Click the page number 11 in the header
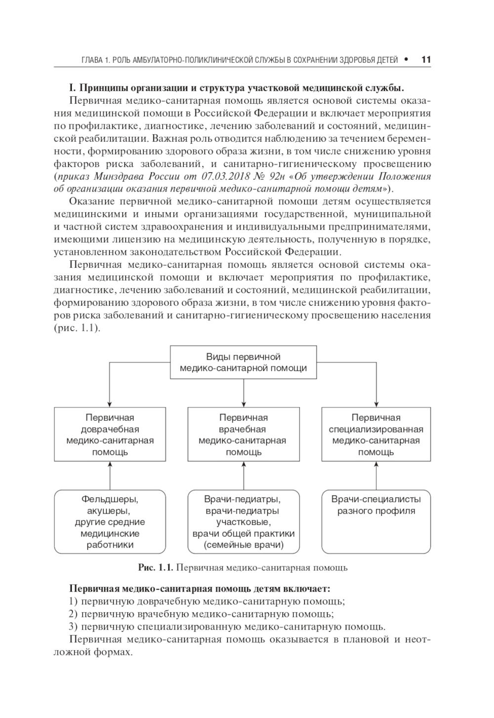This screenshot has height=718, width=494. (x=426, y=60)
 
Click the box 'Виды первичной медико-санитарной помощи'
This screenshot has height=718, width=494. (x=243, y=362)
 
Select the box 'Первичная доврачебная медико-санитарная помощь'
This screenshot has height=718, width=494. (x=110, y=435)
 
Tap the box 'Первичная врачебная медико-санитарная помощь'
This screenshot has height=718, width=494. (x=244, y=435)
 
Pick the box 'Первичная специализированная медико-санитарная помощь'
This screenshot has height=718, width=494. (x=376, y=435)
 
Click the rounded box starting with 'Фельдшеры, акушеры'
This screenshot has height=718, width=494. (x=110, y=522)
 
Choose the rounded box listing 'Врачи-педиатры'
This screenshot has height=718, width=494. (x=244, y=522)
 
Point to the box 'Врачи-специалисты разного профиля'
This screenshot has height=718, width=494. (x=376, y=522)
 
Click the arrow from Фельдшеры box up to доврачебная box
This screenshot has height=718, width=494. (x=110, y=476)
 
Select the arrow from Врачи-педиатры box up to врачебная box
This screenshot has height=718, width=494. (x=244, y=476)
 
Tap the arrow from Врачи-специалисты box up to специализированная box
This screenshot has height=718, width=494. (x=376, y=476)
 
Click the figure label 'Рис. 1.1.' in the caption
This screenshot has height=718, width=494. (x=156, y=568)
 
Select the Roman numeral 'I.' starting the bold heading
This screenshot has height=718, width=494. (x=72, y=88)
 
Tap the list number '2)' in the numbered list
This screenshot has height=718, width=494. (x=74, y=614)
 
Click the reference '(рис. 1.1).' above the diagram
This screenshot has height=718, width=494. (x=77, y=328)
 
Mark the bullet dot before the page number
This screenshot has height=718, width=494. (x=406, y=60)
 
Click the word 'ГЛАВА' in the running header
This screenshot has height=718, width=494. (x=92, y=60)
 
